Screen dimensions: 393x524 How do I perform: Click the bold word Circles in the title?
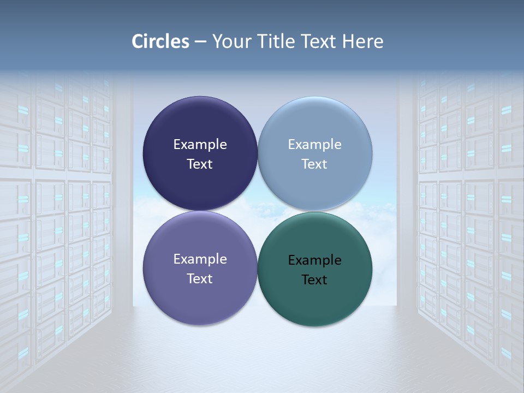pyautogui.click(x=160, y=41)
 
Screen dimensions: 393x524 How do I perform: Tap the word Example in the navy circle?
pyautogui.click(x=200, y=145)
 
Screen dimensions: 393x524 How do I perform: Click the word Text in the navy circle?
pyautogui.click(x=200, y=164)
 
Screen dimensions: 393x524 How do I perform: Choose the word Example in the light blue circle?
pyautogui.click(x=314, y=145)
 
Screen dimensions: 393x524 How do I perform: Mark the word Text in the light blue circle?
pyautogui.click(x=314, y=164)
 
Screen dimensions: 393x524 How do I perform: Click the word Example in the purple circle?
pyautogui.click(x=200, y=259)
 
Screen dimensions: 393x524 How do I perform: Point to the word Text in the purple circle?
pyautogui.click(x=200, y=278)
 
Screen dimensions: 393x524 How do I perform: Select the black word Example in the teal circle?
pyautogui.click(x=314, y=260)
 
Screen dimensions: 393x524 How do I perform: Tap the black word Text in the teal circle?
pyautogui.click(x=314, y=279)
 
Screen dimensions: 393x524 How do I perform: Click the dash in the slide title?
pyautogui.click(x=200, y=41)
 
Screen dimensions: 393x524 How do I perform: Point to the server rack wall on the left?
pyautogui.click(x=55, y=218)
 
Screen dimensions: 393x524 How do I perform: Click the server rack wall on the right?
pyautogui.click(x=469, y=218)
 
